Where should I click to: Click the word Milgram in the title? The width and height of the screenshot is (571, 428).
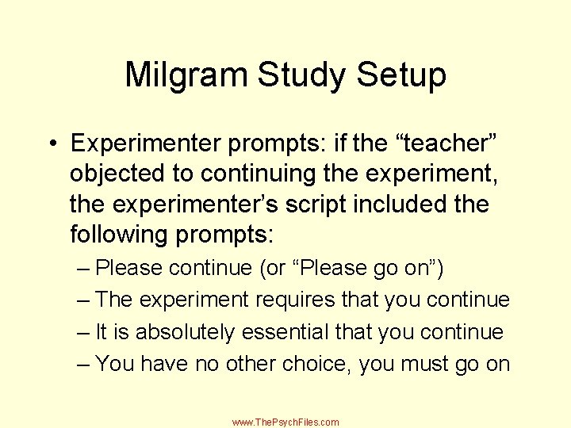(186, 76)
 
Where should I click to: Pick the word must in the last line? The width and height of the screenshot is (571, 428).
(418, 364)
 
